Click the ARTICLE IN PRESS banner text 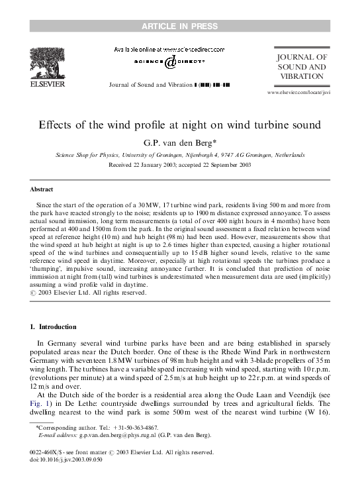coord(180,26)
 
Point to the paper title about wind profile coord(180,124)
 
